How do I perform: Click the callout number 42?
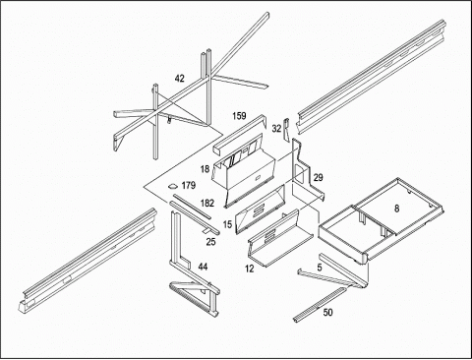point(180,79)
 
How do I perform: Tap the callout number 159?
point(239,116)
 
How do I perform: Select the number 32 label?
point(276,129)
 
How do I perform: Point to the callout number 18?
point(205,169)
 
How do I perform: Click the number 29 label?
point(318,178)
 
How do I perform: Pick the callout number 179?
point(189,186)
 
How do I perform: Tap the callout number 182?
point(207,204)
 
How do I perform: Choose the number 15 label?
point(227,224)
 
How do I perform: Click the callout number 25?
point(211,242)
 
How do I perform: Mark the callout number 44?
point(203,267)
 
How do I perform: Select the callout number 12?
point(250,269)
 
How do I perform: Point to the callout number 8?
point(397,209)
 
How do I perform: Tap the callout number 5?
point(320,268)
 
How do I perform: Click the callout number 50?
point(327,313)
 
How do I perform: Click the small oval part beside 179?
point(172,187)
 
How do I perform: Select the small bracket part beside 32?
point(286,128)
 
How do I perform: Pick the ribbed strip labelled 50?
point(320,305)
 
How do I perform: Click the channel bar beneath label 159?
point(239,134)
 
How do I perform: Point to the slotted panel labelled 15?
point(261,210)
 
